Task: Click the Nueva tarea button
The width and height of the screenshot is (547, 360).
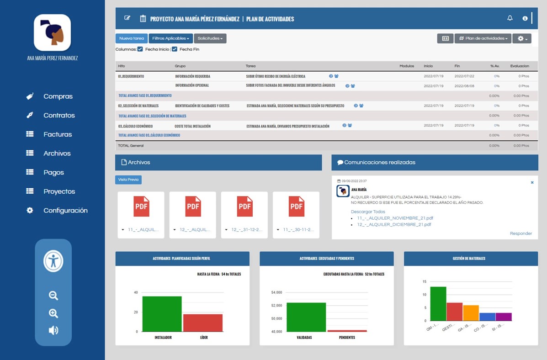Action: (132, 38)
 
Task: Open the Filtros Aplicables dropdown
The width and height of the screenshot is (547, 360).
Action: (170, 38)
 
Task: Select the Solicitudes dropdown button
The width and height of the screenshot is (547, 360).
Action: (210, 38)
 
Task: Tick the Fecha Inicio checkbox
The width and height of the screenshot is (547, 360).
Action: (140, 49)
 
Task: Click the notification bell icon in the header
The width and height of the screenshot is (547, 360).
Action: (510, 18)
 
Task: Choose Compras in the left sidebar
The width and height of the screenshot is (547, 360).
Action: (58, 96)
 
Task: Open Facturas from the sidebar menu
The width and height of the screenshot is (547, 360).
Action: (58, 134)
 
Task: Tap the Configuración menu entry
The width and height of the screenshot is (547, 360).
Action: (65, 211)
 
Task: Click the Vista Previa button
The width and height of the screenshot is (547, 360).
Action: (128, 180)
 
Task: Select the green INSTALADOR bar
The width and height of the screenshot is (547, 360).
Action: (162, 314)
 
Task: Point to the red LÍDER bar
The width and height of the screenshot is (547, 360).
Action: (203, 323)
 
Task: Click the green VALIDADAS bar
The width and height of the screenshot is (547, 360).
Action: (306, 317)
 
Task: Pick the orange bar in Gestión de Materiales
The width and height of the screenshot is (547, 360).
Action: (471, 313)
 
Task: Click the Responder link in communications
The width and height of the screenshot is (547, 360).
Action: (520, 233)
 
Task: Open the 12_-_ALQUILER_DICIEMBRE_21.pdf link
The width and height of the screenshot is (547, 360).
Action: (394, 224)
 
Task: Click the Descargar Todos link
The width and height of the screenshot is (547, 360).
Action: (368, 212)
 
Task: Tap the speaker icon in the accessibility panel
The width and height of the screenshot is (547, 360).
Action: (53, 330)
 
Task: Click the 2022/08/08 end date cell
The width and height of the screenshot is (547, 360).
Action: (464, 86)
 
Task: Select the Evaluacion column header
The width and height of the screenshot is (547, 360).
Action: (520, 66)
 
